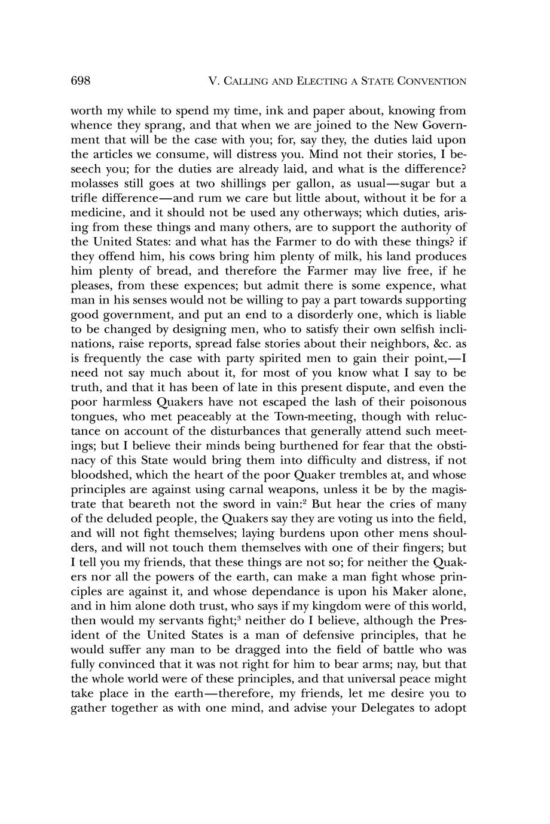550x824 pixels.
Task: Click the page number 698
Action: pos(80,81)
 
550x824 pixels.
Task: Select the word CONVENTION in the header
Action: pos(432,81)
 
